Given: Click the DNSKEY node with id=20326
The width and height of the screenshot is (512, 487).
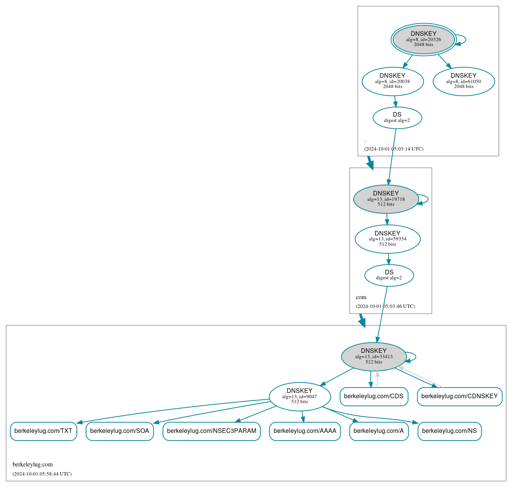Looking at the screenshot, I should click(423, 39).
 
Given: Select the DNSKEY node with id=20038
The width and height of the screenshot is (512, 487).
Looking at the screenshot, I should click(392, 81).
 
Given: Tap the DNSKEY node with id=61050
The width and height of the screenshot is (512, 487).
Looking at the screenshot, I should click(464, 81).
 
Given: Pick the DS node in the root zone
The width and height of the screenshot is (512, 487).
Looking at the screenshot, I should click(397, 118).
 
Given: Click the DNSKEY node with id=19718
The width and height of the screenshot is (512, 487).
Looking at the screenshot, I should click(386, 199).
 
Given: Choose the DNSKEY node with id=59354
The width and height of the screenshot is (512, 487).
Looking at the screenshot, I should click(388, 239).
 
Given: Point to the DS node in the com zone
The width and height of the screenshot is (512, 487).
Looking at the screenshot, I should click(389, 275).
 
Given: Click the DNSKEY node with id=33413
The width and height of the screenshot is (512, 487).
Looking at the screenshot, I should click(374, 357).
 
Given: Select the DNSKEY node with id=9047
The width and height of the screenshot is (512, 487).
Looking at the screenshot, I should click(300, 396).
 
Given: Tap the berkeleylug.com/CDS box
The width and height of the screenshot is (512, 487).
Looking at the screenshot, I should click(374, 396).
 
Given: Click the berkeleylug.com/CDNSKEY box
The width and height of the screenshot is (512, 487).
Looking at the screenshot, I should click(459, 396).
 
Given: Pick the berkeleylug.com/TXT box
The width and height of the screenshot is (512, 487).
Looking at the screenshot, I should click(43, 431).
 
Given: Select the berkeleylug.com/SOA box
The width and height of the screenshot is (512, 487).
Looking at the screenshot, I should click(120, 431).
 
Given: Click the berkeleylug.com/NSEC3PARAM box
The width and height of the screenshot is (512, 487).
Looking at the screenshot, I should click(212, 431).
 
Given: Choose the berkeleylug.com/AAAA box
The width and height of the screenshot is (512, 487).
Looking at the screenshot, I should click(305, 431).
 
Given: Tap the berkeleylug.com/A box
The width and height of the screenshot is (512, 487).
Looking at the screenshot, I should click(379, 431).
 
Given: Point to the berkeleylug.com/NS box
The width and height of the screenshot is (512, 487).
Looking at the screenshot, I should click(449, 431).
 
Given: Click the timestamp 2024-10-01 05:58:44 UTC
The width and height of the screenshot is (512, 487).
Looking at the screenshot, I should click(42, 474).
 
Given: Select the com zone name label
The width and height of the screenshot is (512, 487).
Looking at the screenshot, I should click(361, 297).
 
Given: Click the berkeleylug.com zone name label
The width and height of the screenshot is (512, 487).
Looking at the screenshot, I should click(33, 465).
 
